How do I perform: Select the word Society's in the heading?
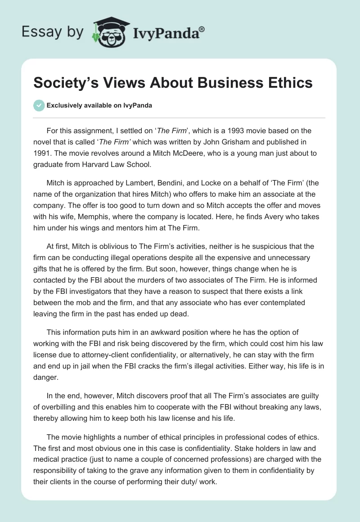[x=67, y=84]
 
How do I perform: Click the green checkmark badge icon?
[x=39, y=105]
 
